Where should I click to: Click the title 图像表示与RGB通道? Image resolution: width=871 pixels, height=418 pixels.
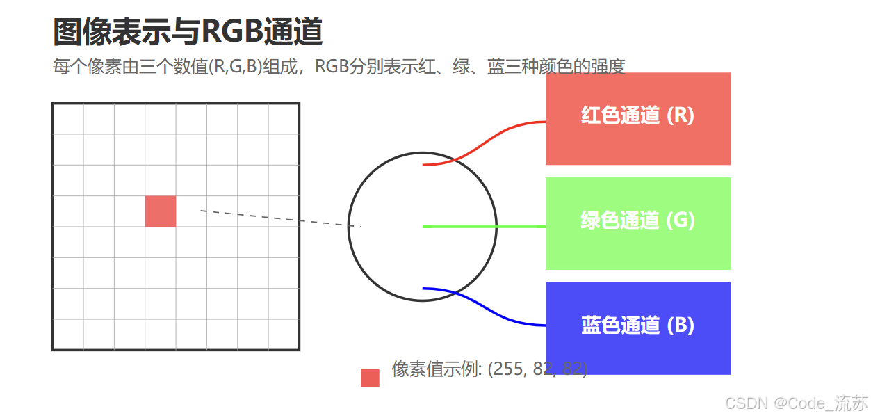click(188, 31)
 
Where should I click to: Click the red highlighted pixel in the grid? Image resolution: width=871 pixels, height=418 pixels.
click(160, 211)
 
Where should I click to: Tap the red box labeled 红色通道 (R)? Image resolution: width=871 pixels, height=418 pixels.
click(637, 118)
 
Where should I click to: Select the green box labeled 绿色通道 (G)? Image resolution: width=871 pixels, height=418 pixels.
click(637, 223)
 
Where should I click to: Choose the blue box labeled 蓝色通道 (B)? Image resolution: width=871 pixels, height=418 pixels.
click(637, 328)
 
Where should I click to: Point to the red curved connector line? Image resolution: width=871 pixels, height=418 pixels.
click(487, 142)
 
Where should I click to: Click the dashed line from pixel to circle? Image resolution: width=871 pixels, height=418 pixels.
click(278, 218)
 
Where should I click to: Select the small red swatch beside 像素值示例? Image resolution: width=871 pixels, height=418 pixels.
click(370, 378)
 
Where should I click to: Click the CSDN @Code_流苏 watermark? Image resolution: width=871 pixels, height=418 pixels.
click(796, 403)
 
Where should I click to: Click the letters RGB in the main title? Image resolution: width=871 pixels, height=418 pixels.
click(230, 31)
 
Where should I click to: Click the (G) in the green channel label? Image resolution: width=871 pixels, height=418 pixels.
click(681, 220)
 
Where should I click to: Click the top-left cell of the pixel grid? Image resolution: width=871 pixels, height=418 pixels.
click(68, 119)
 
